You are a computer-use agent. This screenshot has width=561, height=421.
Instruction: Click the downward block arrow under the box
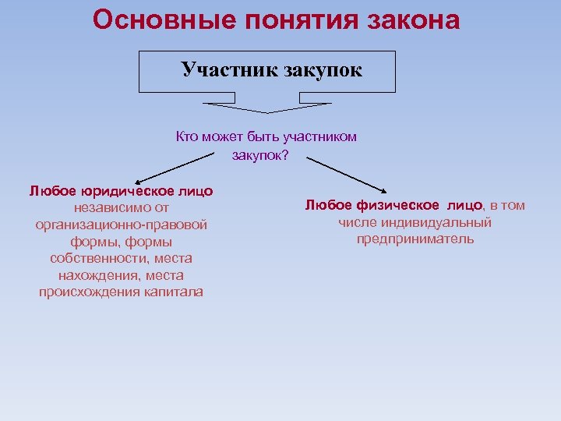pos(266,105)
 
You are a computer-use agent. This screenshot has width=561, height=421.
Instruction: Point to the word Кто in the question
pos(187,137)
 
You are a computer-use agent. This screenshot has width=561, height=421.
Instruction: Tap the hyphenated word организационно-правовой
pos(122,225)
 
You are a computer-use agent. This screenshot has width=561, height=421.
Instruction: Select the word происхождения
pos(90,292)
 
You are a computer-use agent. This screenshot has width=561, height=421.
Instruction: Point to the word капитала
pos(174,292)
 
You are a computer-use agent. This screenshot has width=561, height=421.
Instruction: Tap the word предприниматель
pos(415,239)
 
